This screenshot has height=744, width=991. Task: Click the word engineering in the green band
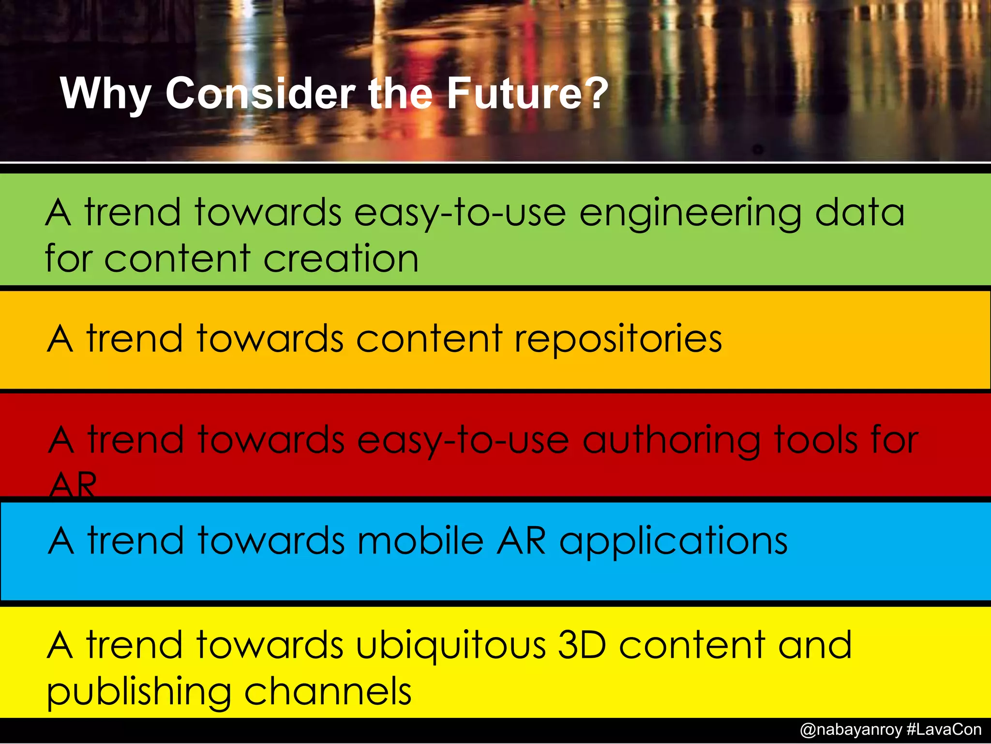[x=690, y=214]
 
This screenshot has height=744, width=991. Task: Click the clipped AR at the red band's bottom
[x=73, y=484]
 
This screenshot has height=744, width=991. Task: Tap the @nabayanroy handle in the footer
[x=851, y=729]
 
